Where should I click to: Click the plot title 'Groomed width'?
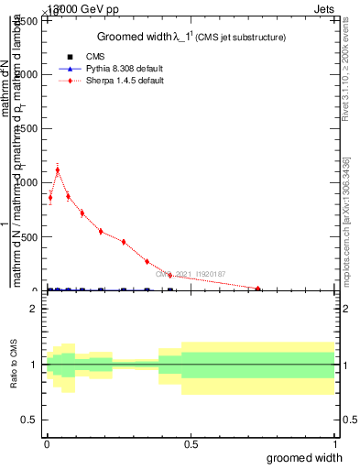click(x=135, y=37)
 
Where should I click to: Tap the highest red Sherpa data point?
click(x=58, y=169)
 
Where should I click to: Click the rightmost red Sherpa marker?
click(x=258, y=289)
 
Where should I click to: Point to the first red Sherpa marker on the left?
click(x=50, y=197)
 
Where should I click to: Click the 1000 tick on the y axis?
click(x=30, y=182)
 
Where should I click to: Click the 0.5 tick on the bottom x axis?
click(x=190, y=445)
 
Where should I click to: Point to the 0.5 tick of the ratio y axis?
click(x=32, y=420)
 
